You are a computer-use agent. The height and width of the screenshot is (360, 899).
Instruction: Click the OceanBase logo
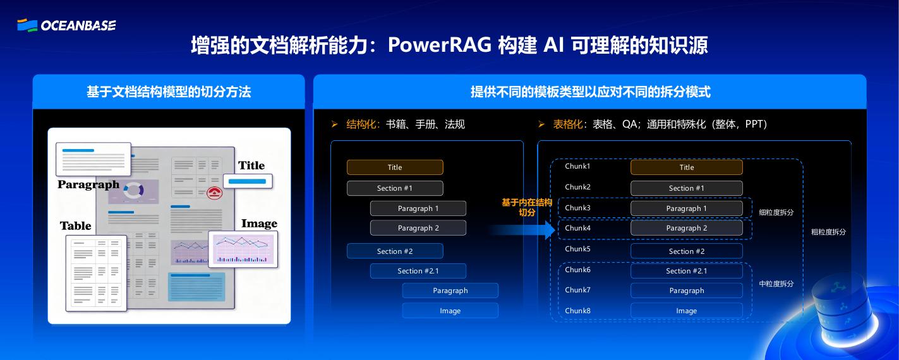(66, 25)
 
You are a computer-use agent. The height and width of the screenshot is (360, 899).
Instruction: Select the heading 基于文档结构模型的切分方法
(169, 92)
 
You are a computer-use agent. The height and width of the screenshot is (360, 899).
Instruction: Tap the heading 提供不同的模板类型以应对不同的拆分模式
(590, 92)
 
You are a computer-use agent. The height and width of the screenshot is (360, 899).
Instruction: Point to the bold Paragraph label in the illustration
(88, 184)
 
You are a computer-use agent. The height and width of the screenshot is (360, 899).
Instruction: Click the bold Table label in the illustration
(76, 226)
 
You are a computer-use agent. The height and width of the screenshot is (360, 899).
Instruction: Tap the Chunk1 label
(577, 167)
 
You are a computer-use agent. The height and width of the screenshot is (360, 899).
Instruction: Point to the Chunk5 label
(577, 249)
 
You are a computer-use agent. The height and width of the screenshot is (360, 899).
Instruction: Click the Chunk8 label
(577, 311)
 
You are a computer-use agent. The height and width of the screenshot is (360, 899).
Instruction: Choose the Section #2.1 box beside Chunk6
(686, 271)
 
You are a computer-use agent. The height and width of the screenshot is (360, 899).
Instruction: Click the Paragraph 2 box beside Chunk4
(686, 228)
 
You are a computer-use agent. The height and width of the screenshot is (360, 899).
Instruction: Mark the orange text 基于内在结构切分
(526, 207)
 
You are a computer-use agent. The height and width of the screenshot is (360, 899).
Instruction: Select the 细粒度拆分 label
(776, 213)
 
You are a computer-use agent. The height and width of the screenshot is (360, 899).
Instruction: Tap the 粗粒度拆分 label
(828, 232)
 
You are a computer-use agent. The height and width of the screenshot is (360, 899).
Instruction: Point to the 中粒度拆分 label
(776, 284)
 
